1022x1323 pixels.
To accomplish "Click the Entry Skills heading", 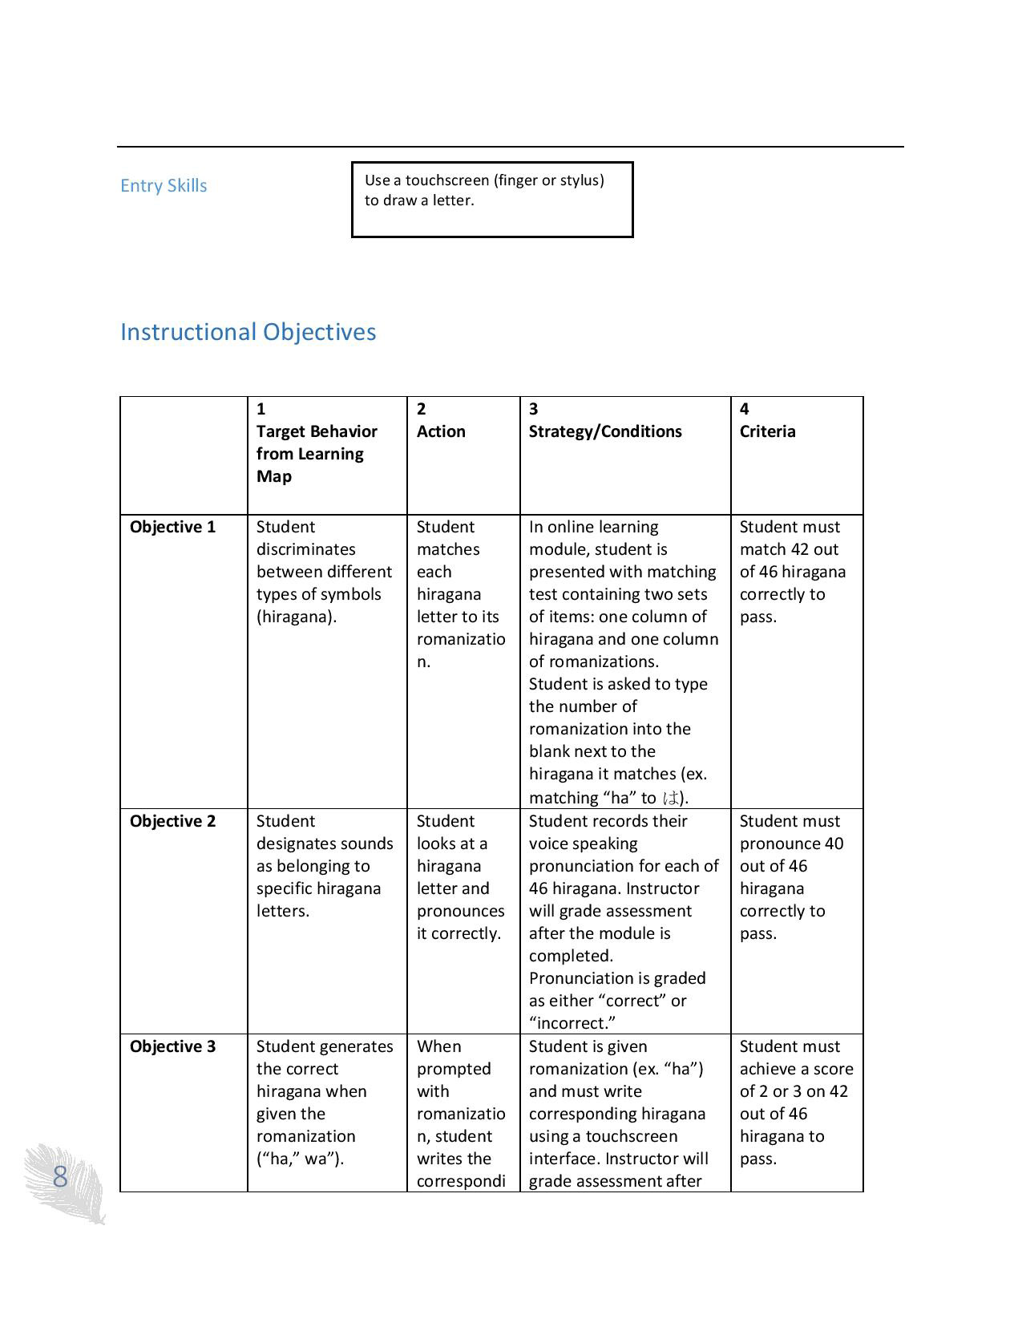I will pos(164,186).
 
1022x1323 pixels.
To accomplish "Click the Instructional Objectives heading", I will pos(248,332).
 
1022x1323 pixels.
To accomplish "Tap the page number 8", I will pos(60,1177).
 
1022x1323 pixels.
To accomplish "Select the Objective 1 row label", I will pos(172,527).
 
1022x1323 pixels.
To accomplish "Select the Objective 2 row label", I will pos(172,821).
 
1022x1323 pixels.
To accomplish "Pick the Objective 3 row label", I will pos(172,1046).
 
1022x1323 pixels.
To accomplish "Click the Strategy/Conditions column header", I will pos(605,431).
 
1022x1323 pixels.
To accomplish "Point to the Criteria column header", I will pos(767,431).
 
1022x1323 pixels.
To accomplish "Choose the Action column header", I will pos(441,431).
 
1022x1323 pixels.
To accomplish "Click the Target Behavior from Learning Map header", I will pos(317,454).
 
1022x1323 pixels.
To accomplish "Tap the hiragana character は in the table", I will pos(671,798).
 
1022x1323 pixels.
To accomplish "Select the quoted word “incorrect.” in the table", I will pos(567,1023).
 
